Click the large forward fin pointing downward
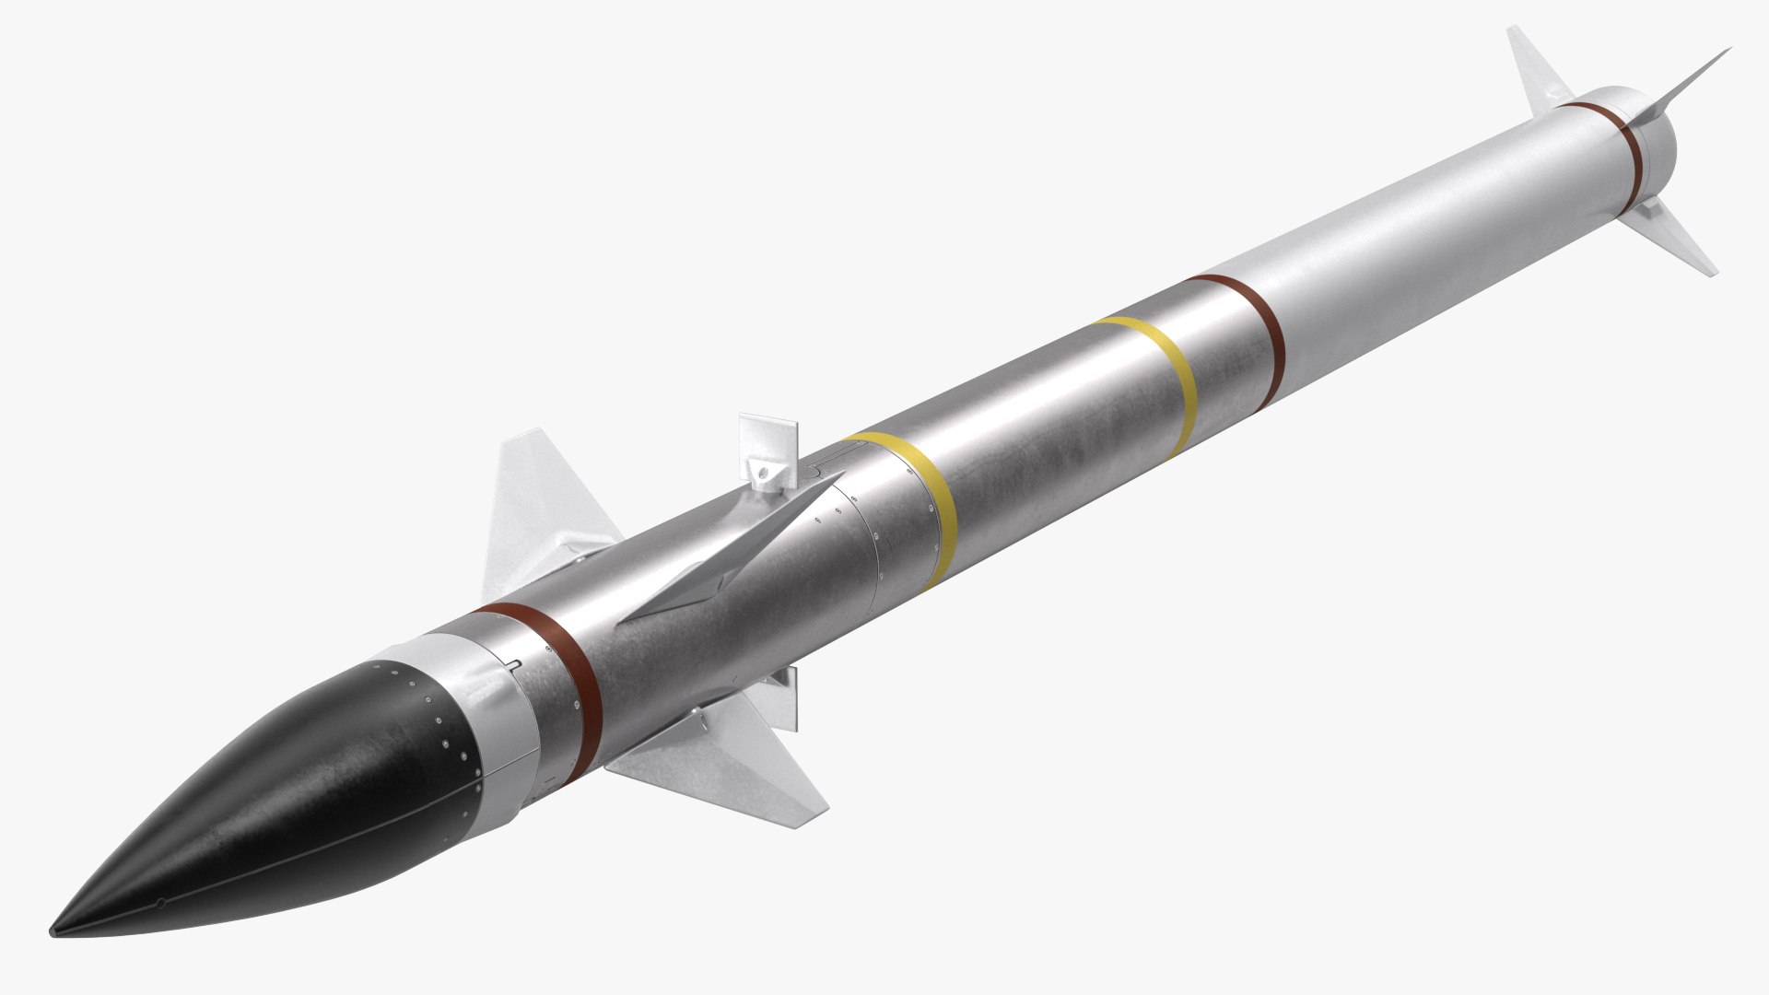click(x=737, y=755)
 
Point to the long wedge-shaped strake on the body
click(x=737, y=553)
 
